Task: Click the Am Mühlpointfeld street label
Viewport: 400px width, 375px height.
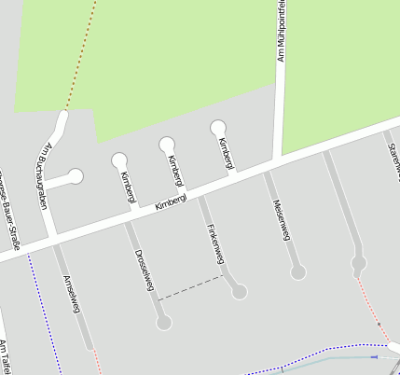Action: click(x=280, y=33)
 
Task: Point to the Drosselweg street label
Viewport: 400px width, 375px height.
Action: click(x=144, y=271)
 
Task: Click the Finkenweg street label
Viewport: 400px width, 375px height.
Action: click(x=211, y=242)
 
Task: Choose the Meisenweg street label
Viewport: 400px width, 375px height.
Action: click(x=281, y=220)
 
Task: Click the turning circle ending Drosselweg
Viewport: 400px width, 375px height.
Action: click(x=164, y=323)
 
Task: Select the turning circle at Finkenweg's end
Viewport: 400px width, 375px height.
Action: click(x=240, y=292)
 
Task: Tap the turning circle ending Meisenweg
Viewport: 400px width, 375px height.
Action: click(x=298, y=272)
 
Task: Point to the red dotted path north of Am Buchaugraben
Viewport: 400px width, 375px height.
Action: click(x=80, y=56)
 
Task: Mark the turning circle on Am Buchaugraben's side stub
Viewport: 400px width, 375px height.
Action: click(x=76, y=176)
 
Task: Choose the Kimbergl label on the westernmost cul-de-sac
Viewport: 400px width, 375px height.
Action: click(x=128, y=186)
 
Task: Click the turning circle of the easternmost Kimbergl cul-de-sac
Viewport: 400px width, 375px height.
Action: click(x=218, y=128)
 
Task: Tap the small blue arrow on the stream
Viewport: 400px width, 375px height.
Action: click(x=375, y=356)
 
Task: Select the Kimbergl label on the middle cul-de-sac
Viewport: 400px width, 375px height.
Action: click(x=174, y=171)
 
